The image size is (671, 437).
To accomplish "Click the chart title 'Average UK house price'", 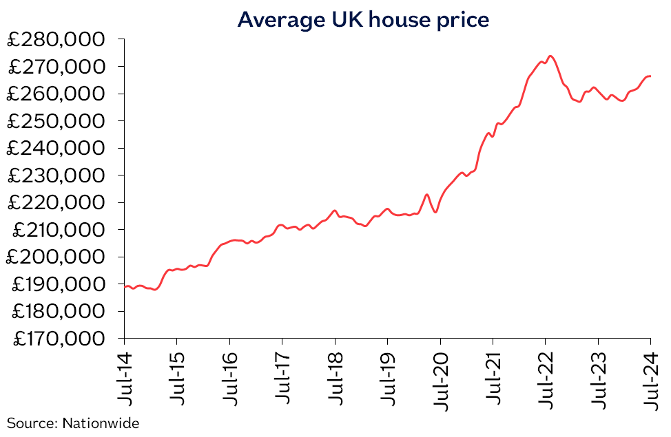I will tap(363, 20).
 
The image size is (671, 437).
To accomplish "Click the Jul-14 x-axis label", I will tap(125, 375).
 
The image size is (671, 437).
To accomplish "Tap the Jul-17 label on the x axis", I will tap(282, 375).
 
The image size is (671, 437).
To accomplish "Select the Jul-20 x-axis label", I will tap(441, 375).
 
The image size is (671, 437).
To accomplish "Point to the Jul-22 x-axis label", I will tap(546, 375).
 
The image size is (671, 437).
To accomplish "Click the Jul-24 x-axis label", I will tap(651, 375).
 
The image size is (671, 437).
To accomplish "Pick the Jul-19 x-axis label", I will tap(388, 375).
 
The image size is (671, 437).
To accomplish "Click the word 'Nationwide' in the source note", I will tap(101, 423).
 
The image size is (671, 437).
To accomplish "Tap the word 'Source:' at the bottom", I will tap(32, 423).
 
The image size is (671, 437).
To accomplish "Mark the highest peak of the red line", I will tap(550, 56).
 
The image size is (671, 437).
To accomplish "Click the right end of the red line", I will tap(651, 76).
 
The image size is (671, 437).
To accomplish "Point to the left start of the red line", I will tap(125, 286).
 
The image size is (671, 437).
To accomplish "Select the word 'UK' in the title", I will tap(344, 20).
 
